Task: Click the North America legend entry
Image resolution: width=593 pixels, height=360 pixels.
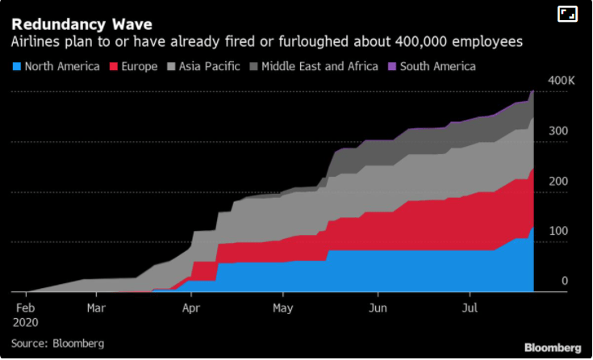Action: (x=61, y=66)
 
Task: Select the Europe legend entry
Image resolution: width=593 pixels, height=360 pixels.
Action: (x=138, y=66)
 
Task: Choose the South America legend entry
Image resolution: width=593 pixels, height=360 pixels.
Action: (x=435, y=66)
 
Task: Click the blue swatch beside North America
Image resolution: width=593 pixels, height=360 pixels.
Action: (x=16, y=66)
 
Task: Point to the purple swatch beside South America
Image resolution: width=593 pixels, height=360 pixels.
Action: (x=392, y=66)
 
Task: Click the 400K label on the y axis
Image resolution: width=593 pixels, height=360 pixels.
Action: (x=560, y=81)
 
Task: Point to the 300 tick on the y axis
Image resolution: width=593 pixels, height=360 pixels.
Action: (x=559, y=132)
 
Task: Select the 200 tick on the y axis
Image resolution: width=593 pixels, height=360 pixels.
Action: (x=559, y=182)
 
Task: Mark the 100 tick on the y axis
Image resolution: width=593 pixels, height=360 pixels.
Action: (x=559, y=232)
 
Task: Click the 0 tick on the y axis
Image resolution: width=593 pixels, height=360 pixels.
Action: (x=565, y=281)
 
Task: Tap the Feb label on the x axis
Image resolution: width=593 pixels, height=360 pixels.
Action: (x=26, y=308)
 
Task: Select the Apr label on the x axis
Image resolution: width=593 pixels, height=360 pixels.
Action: (x=191, y=308)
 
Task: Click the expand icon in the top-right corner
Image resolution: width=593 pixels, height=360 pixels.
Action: (x=567, y=14)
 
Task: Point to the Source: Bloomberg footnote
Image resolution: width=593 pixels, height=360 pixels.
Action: (x=57, y=343)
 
